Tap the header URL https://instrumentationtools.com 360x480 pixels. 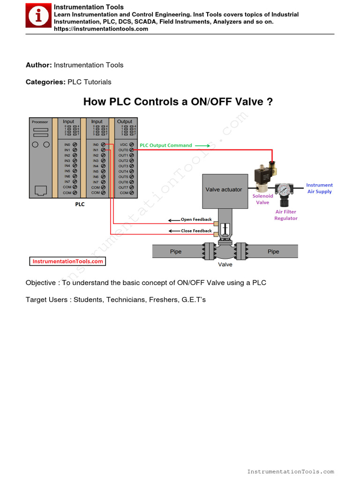[101, 29]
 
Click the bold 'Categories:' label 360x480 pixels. [45, 82]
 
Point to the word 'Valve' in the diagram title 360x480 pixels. [247, 102]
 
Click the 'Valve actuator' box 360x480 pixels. [225, 190]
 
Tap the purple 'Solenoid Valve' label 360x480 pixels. [262, 199]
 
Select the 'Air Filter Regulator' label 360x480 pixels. [285, 215]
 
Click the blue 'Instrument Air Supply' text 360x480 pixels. [319, 188]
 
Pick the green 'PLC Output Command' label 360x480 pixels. [166, 145]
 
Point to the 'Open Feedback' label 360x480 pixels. [196, 219]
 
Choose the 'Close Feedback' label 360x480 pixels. [196, 231]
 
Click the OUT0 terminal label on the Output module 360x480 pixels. [123, 150]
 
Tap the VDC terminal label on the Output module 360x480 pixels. [124, 145]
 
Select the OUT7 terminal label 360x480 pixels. [123, 187]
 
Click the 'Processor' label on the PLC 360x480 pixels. [40, 122]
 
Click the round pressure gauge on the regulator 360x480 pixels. [283, 189]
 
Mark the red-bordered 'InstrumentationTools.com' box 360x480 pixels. [68, 262]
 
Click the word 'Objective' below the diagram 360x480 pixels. [41, 283]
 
